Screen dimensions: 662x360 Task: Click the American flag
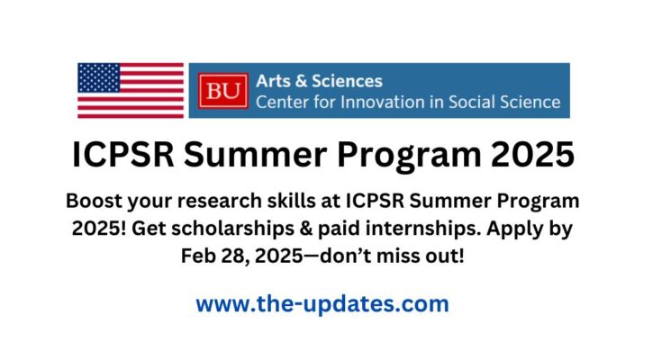[x=131, y=90]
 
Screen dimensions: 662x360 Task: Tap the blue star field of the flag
[x=99, y=77]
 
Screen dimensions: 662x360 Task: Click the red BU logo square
[x=223, y=91]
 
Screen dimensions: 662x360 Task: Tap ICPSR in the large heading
[x=123, y=155]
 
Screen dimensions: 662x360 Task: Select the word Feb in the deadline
[x=195, y=256]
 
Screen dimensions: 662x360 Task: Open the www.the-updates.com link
[x=322, y=304]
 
